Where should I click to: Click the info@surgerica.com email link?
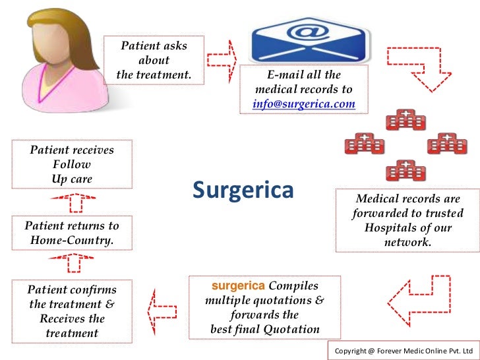click(304, 104)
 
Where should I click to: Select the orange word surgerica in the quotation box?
click(237, 286)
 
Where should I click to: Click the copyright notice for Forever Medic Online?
click(404, 350)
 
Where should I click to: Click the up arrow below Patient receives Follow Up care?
click(74, 200)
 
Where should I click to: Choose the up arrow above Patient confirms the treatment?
click(74, 264)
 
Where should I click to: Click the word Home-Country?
click(72, 241)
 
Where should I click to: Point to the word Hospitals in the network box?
click(392, 227)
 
